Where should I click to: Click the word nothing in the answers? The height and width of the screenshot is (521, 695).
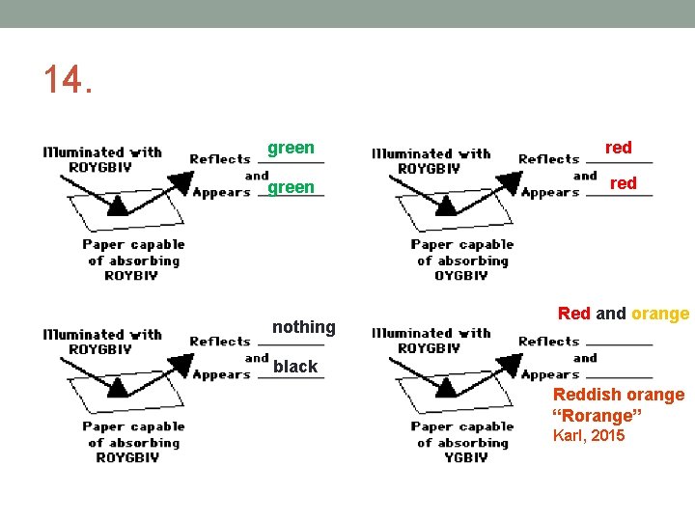(303, 327)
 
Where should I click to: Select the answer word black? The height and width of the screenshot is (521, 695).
(294, 366)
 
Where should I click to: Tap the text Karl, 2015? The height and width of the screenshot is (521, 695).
(588, 436)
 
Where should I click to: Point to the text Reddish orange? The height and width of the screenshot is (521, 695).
(618, 395)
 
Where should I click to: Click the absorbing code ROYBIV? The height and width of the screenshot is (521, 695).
(130, 276)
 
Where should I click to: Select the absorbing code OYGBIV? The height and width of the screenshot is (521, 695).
(461, 276)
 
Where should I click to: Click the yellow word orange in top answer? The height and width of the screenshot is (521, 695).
(660, 313)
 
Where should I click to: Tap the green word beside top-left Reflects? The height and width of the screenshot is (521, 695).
(291, 148)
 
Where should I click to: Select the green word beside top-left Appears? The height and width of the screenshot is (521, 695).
(291, 187)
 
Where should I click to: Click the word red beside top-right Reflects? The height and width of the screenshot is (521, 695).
(618, 148)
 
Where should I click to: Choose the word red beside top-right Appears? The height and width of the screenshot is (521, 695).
(624, 183)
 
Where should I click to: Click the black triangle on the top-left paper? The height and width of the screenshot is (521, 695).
(117, 205)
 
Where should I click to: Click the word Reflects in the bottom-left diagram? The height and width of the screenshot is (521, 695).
(220, 341)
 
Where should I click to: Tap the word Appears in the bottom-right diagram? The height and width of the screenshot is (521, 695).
(549, 374)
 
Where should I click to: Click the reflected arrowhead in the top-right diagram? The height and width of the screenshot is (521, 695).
(506, 182)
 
